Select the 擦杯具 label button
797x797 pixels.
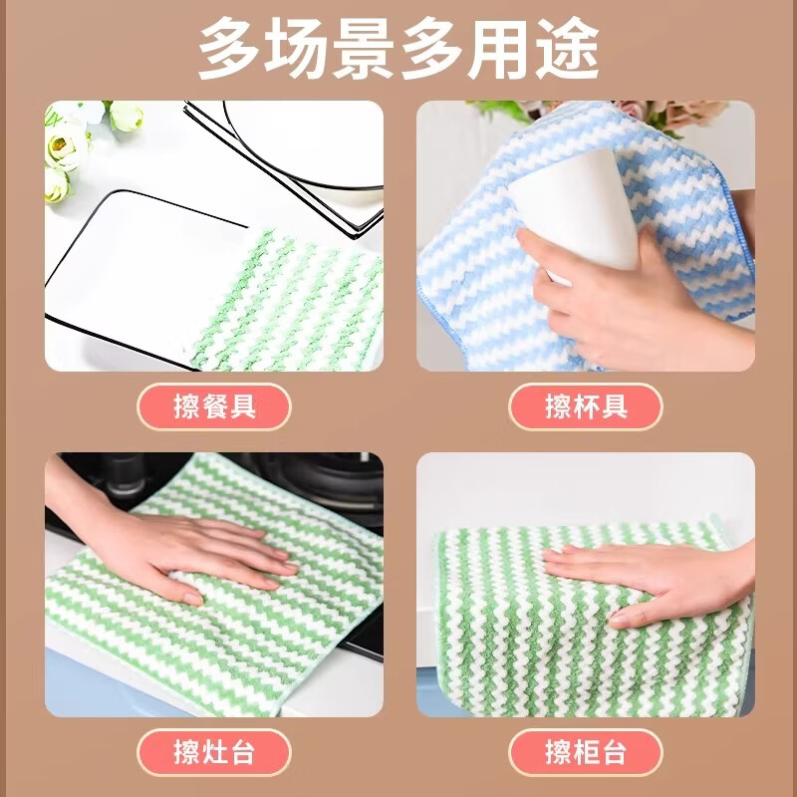point(586,406)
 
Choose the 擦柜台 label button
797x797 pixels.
point(586,750)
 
